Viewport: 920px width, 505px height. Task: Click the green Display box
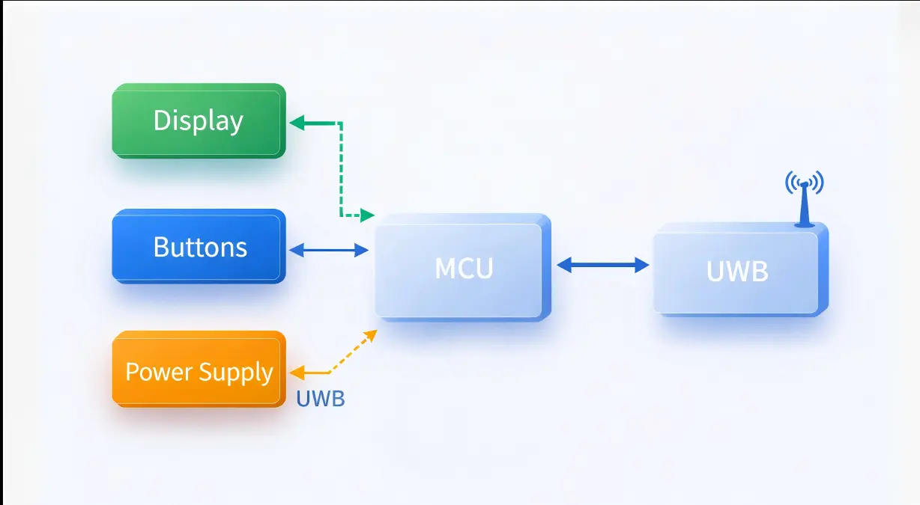(199, 121)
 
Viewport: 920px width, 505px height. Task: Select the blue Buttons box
(199, 246)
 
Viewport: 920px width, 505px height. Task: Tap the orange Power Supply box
(199, 371)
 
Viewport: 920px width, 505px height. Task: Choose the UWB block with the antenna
(738, 272)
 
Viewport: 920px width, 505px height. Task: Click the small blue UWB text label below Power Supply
(320, 399)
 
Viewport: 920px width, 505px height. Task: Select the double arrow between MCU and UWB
(603, 264)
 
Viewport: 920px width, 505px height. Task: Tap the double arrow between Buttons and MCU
(328, 251)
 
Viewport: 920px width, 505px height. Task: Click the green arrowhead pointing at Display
(297, 123)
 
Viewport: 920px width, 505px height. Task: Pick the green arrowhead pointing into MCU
(367, 215)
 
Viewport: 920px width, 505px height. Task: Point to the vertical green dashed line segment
(341, 168)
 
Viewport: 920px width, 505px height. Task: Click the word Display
(199, 121)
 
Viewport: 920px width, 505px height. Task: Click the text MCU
(464, 268)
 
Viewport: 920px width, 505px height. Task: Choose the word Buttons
(200, 247)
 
